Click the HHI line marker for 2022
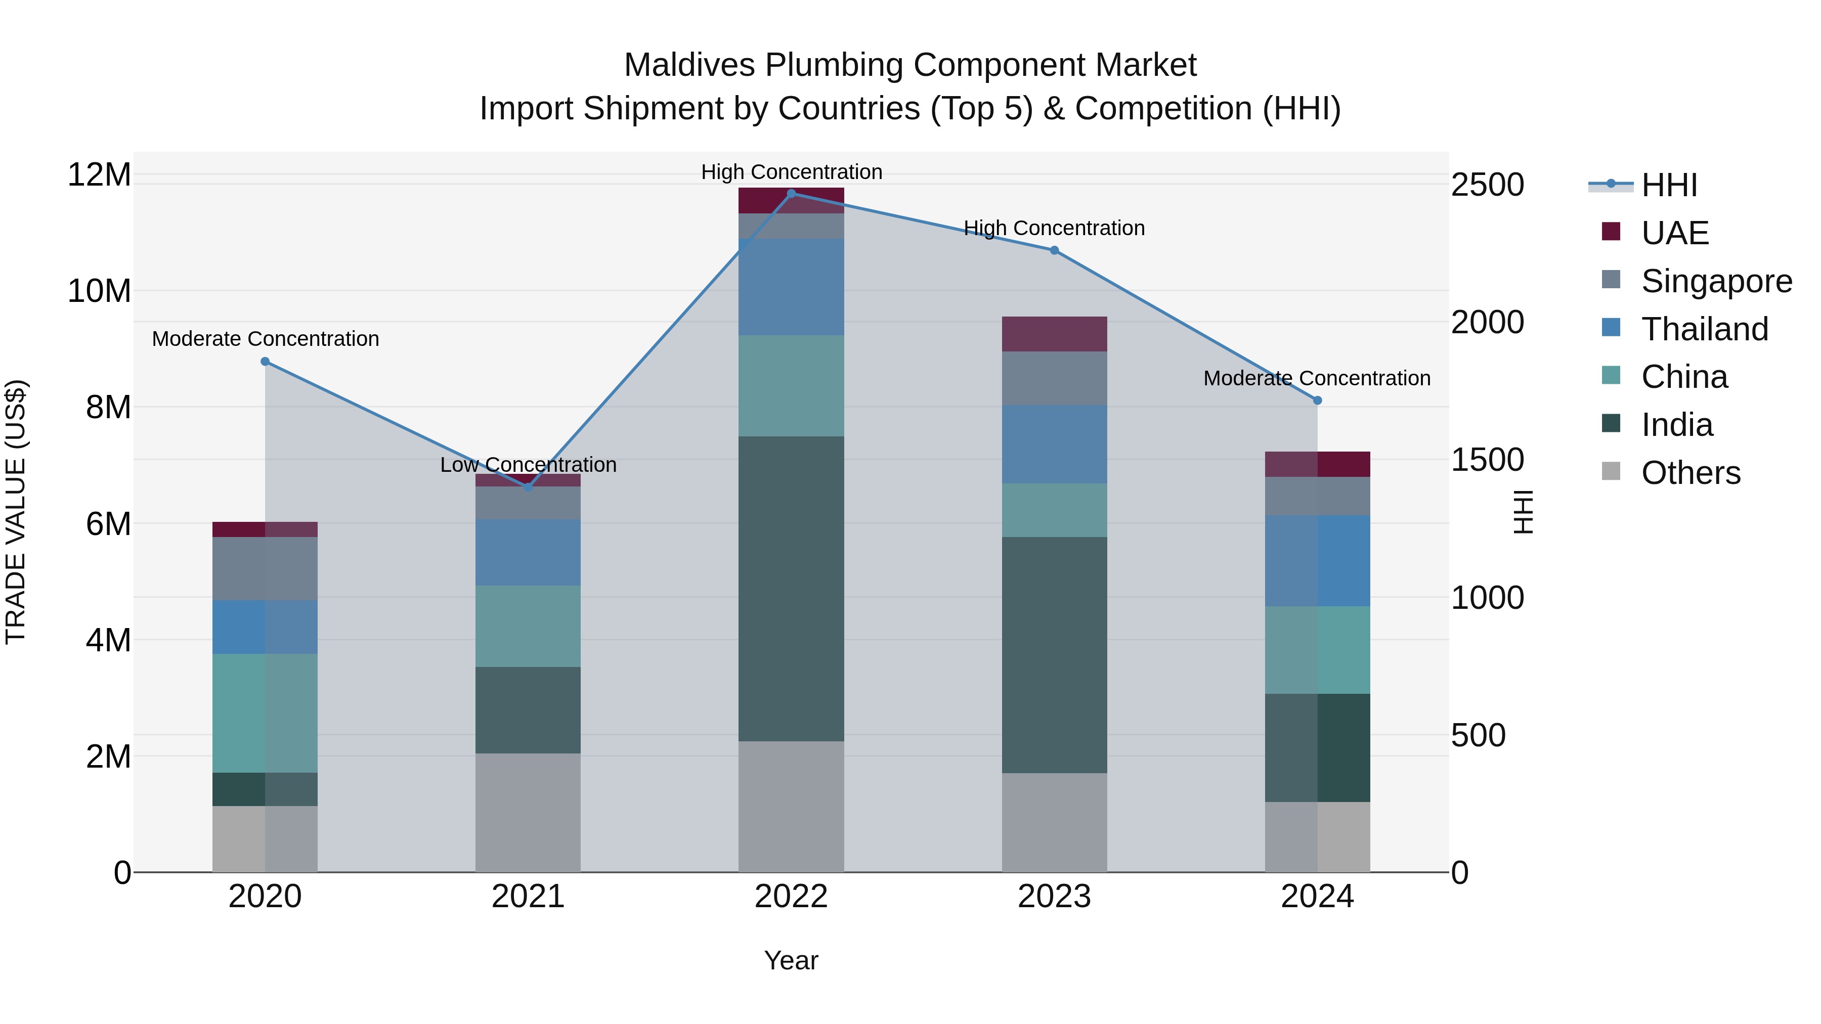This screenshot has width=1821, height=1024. pyautogui.click(x=791, y=193)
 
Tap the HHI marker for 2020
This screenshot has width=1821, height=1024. pyautogui.click(x=265, y=361)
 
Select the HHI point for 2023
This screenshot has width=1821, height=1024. pyautogui.click(x=1054, y=250)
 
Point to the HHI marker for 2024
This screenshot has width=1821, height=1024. pyautogui.click(x=1317, y=400)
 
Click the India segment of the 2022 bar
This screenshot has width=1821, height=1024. pyautogui.click(x=791, y=588)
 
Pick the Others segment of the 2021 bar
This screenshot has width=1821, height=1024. pyautogui.click(x=528, y=812)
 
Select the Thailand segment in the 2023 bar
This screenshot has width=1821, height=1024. pyautogui.click(x=1054, y=444)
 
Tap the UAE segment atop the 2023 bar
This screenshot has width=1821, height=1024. pyautogui.click(x=1054, y=334)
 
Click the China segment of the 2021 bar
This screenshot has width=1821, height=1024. pyautogui.click(x=528, y=626)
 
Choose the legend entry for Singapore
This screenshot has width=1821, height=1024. pyautogui.click(x=1716, y=281)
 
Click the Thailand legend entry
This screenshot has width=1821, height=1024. pyautogui.click(x=1704, y=329)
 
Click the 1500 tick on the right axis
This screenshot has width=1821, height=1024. pyautogui.click(x=1487, y=460)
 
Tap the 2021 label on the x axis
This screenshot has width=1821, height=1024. pyautogui.click(x=528, y=897)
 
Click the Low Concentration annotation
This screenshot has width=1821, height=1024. pyautogui.click(x=528, y=465)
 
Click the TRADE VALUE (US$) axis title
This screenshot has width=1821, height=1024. pyautogui.click(x=16, y=512)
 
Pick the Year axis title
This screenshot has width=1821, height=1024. pyautogui.click(x=791, y=960)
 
